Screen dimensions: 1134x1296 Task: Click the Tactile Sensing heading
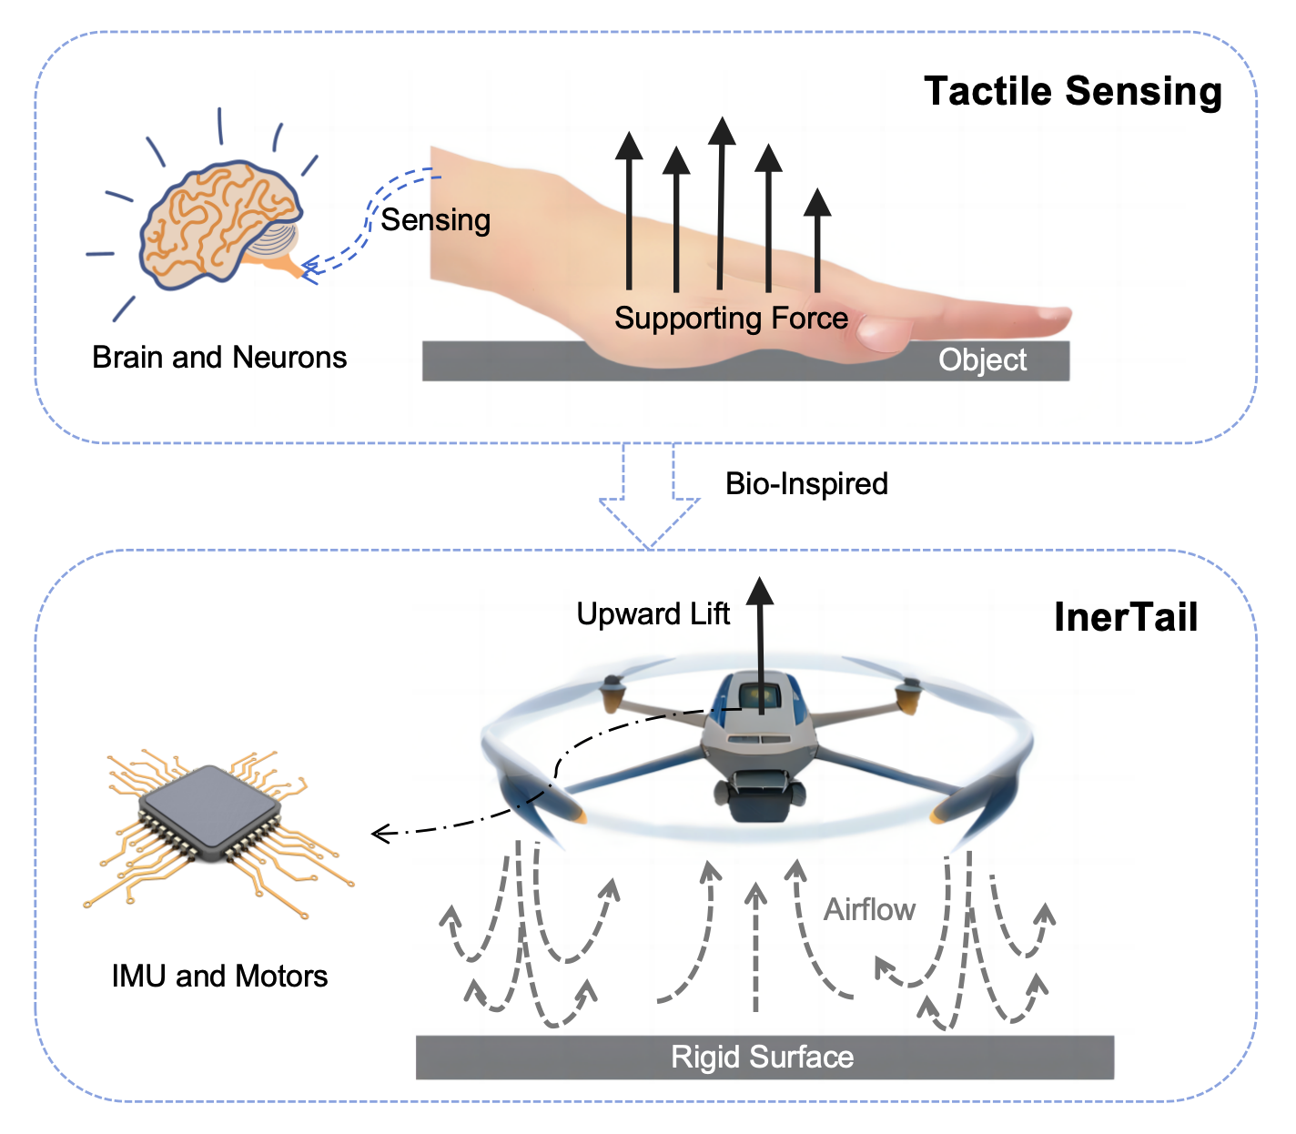click(1072, 92)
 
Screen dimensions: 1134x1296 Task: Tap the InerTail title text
click(1126, 617)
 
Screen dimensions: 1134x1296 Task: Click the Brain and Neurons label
click(219, 358)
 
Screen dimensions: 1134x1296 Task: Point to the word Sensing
click(435, 220)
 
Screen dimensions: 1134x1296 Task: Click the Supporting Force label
click(731, 319)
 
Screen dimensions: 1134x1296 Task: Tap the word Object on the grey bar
click(982, 360)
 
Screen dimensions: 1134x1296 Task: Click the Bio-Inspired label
click(806, 483)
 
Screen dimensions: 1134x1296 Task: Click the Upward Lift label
click(653, 614)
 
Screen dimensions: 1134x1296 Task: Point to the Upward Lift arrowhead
click(760, 592)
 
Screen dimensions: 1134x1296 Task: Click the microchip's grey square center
click(209, 810)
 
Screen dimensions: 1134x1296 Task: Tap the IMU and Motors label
click(219, 977)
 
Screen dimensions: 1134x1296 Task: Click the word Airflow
click(869, 910)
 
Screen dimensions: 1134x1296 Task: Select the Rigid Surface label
click(762, 1058)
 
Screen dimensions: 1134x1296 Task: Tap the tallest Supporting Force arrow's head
click(722, 131)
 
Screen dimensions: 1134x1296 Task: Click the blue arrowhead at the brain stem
click(309, 268)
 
